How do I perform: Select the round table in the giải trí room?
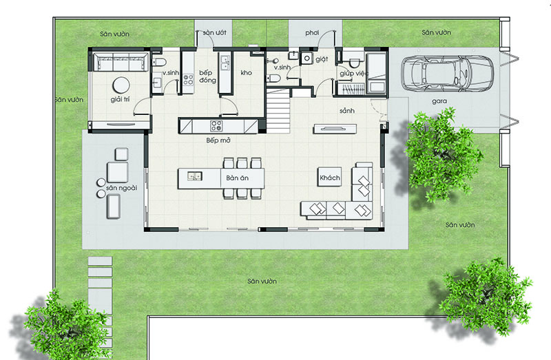(121, 85)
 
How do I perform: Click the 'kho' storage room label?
(246, 72)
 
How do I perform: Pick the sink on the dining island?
(194, 176)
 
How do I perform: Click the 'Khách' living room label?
(330, 178)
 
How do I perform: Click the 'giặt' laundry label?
(321, 60)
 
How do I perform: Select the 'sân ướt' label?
(214, 32)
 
